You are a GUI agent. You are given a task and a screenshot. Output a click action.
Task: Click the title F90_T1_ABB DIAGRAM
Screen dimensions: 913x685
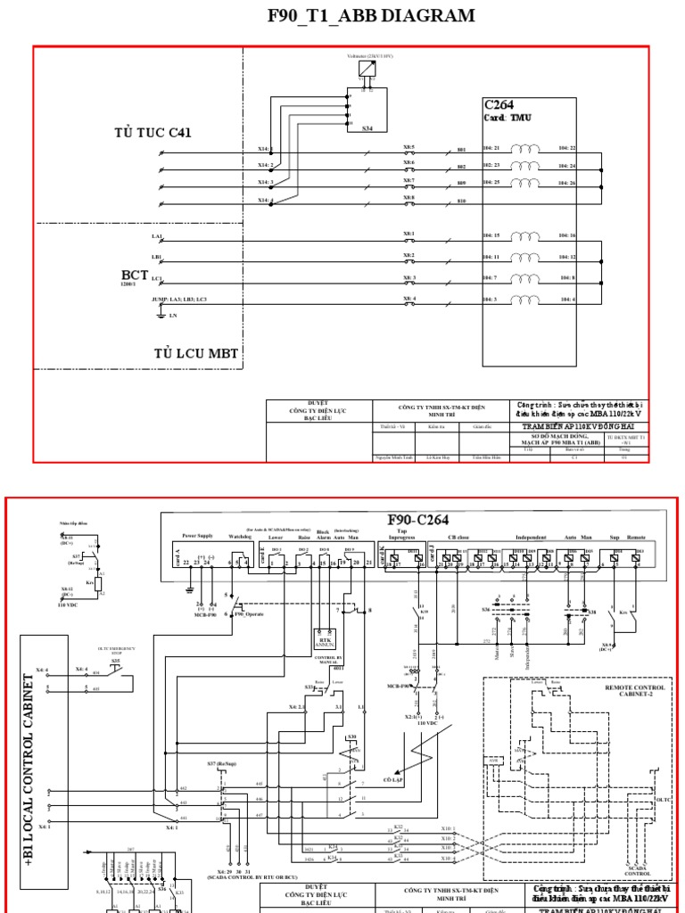click(371, 16)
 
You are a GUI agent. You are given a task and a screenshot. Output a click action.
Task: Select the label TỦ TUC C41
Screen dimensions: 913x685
click(153, 133)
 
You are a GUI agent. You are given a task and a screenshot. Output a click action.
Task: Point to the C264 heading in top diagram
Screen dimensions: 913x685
click(499, 104)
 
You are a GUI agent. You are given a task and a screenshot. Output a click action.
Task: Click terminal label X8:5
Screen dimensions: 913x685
click(409, 146)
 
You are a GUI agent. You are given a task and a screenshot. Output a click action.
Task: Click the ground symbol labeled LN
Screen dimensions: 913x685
click(161, 314)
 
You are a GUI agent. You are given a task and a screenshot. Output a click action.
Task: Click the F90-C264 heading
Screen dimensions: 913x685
click(418, 520)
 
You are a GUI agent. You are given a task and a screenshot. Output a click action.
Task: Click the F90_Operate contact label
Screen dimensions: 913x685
click(250, 614)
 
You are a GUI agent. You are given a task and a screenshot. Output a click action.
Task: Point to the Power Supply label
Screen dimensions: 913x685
click(199, 536)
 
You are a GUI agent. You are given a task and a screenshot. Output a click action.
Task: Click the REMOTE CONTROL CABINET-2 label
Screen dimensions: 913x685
click(635, 691)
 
